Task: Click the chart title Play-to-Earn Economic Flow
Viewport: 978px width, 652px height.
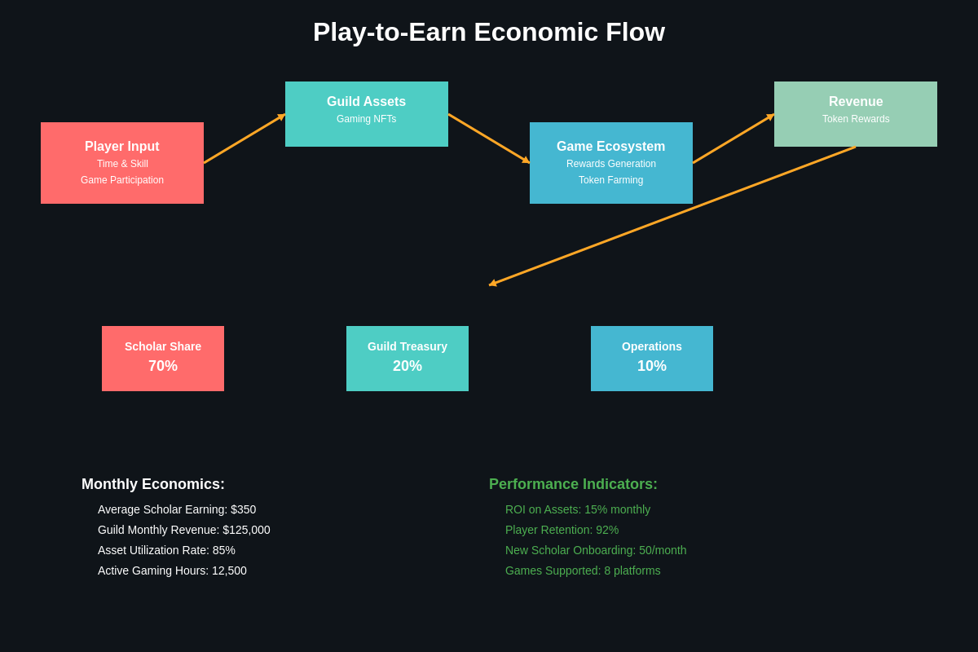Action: pos(489,33)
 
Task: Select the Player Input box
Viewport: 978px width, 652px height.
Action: pos(122,163)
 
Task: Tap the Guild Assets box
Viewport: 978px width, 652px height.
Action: pos(367,114)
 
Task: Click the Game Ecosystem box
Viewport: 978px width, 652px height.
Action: pos(611,163)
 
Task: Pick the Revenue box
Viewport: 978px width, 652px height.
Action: pos(856,114)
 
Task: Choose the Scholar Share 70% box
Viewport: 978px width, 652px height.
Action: pos(163,359)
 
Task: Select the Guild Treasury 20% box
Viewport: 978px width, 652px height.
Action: pos(407,359)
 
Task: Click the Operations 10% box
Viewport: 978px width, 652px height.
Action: pos(652,359)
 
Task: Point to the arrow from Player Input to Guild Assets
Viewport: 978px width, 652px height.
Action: pos(244,139)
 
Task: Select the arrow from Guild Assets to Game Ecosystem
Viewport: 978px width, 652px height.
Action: pos(489,139)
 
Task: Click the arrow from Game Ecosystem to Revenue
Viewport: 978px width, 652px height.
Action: pos(733,139)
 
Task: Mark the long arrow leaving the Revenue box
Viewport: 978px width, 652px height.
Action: pos(672,216)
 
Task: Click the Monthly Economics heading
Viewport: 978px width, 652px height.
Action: pos(153,484)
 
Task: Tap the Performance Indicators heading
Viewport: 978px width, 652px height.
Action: pos(573,484)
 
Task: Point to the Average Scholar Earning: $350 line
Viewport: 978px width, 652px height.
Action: pos(177,509)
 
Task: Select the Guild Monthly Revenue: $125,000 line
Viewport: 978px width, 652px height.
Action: pos(184,530)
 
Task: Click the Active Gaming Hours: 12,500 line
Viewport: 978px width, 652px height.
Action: pos(172,570)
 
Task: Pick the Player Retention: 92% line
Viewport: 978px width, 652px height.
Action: pos(562,530)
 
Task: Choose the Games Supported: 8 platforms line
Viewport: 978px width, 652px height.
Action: pos(583,570)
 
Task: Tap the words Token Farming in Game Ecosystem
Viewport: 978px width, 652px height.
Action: pos(610,180)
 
